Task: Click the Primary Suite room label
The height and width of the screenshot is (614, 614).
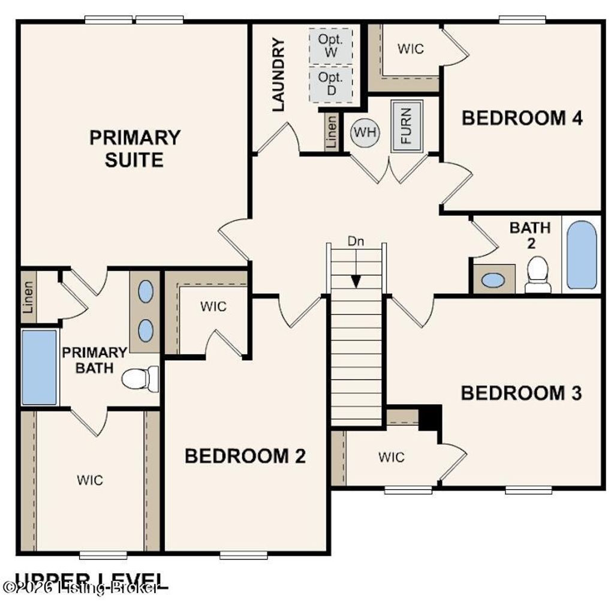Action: [134, 149]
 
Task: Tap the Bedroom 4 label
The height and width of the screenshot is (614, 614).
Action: [522, 118]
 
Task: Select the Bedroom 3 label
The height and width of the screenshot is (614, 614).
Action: [521, 393]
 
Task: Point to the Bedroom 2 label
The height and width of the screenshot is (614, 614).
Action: [245, 456]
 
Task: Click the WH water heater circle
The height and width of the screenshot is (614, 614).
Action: [365, 133]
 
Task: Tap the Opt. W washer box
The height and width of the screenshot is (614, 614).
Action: [330, 46]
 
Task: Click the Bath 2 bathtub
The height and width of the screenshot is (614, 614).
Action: [582, 255]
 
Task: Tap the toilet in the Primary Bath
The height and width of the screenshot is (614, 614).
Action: [140, 379]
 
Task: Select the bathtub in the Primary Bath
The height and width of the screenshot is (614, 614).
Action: [40, 368]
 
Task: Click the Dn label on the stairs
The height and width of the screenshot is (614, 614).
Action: [356, 242]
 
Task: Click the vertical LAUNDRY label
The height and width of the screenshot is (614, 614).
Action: [278, 74]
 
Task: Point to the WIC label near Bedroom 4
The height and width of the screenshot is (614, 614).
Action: [411, 49]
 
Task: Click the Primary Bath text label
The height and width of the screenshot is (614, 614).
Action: [95, 360]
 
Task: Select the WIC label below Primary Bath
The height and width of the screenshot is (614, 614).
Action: [90, 480]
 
